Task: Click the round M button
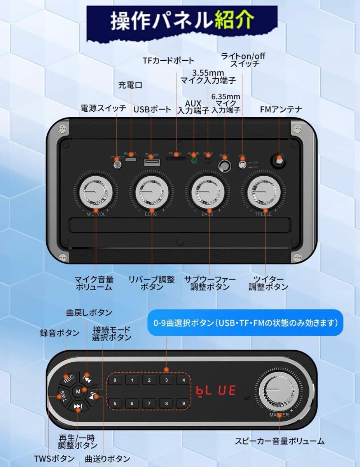pos(79,391)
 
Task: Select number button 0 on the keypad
pos(115,381)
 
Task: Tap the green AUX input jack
pos(194,160)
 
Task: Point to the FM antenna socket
pos(278,160)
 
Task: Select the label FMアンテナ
pos(281,109)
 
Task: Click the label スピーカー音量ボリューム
pos(280,441)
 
